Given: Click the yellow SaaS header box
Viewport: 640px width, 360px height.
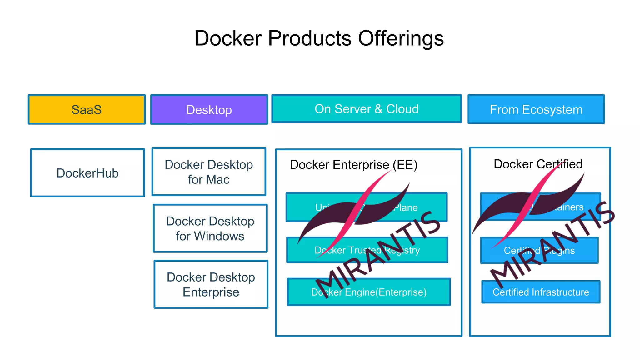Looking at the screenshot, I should tap(87, 109).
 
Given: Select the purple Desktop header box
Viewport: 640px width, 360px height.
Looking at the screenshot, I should tap(209, 110).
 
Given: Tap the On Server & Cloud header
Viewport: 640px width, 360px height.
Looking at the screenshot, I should tap(367, 109).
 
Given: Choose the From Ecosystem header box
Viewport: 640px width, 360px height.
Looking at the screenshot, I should tap(536, 109).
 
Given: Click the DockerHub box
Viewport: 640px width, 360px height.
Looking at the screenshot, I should tap(87, 173).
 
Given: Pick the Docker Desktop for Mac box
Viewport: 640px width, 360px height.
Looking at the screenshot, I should tap(209, 172).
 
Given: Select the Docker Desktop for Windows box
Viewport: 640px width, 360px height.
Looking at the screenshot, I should tap(210, 228).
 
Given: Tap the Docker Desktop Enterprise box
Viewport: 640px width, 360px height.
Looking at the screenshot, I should tap(211, 284).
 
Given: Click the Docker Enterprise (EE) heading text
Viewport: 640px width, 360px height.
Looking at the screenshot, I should tap(353, 165).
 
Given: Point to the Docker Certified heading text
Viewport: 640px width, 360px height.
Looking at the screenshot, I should tap(538, 164).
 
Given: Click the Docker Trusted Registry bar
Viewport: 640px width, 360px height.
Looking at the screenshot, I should tap(367, 250).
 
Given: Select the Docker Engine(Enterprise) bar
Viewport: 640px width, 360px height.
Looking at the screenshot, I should tap(369, 292).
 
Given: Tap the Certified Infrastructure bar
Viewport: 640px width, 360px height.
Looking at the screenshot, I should tap(541, 292).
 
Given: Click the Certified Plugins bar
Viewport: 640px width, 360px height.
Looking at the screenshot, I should tap(539, 250).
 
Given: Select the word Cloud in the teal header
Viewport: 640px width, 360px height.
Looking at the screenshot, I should tap(402, 109).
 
